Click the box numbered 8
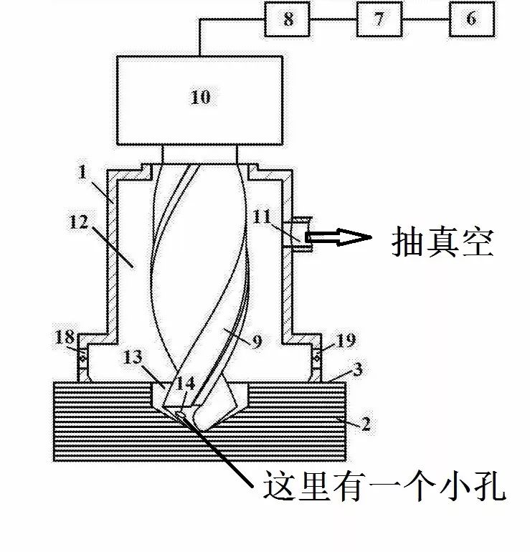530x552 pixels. [x=288, y=19]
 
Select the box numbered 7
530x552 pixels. [x=379, y=19]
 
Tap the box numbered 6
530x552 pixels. [x=470, y=19]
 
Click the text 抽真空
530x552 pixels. [x=443, y=242]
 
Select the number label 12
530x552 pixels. [x=98, y=222]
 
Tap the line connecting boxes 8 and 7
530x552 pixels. [x=333, y=19]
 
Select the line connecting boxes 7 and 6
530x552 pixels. [x=425, y=19]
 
